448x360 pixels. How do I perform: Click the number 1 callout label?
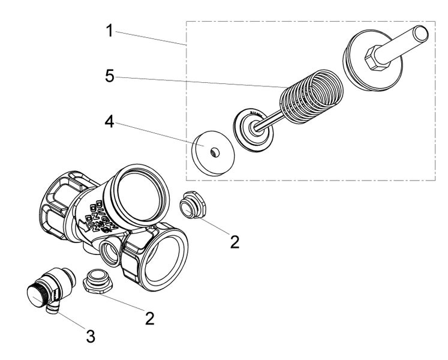pos(110,30)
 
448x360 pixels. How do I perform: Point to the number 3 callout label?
pos(90,337)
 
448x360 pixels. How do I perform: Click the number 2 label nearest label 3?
pos(149,317)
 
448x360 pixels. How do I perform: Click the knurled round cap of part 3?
pos(40,295)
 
